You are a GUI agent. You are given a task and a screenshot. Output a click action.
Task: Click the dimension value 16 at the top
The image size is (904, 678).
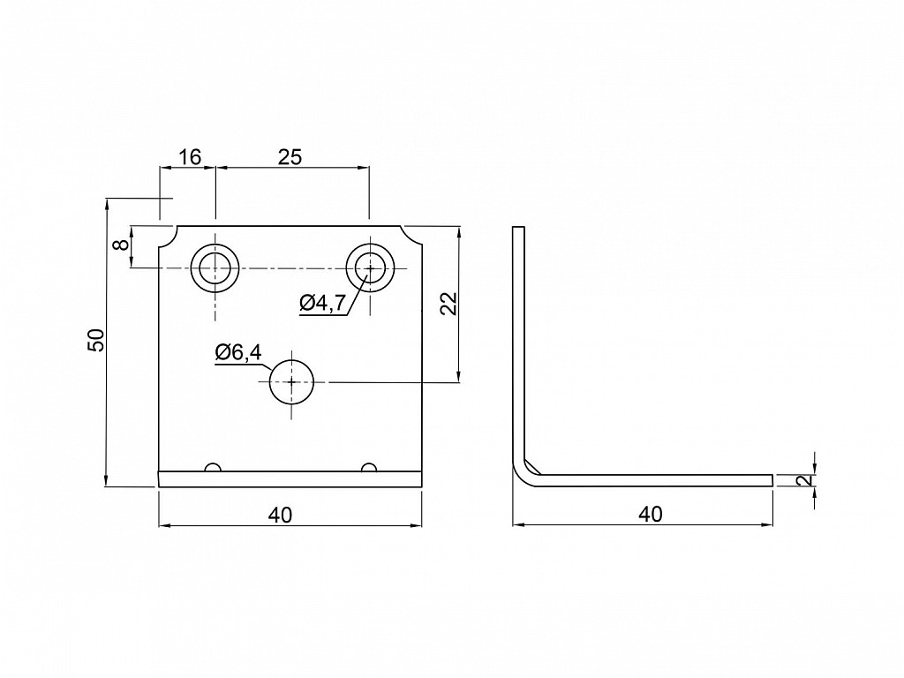[190, 157]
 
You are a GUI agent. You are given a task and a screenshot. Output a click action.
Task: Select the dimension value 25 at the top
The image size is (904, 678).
[290, 157]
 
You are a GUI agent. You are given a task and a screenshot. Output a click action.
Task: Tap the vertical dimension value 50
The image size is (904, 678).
[95, 341]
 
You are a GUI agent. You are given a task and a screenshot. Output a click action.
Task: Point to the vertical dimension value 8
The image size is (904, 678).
[120, 245]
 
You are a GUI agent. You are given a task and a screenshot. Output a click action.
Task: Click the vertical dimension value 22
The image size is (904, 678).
[448, 304]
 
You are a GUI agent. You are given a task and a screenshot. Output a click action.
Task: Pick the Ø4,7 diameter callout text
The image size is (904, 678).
[323, 303]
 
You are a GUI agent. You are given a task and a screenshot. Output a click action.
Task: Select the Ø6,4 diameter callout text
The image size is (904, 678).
[238, 352]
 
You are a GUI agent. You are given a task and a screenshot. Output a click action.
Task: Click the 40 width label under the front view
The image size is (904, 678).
[280, 515]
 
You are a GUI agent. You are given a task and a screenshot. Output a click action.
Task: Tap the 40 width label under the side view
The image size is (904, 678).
[651, 514]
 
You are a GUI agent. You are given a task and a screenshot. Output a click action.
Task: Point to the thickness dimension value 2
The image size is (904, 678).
[808, 479]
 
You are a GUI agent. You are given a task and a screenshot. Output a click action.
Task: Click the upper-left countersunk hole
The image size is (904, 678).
[215, 268]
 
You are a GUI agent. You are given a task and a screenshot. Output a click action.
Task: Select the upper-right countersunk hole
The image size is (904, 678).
[370, 268]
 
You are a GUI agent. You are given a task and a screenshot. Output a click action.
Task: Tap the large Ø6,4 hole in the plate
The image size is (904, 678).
[291, 382]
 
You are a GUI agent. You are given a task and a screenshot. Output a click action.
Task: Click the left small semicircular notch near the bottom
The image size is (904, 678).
[213, 468]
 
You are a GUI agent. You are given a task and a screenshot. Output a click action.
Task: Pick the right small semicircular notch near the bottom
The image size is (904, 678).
[369, 468]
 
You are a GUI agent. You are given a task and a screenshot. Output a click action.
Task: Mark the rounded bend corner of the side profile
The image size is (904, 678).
[521, 477]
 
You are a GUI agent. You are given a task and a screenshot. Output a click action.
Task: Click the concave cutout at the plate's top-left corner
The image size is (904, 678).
[170, 241]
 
